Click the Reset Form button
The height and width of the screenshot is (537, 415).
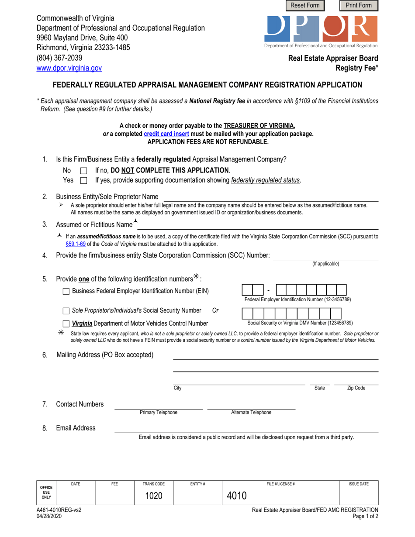tap(305, 5)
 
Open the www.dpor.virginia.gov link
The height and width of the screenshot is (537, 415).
tap(69, 68)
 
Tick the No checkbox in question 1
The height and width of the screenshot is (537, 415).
tap(84, 171)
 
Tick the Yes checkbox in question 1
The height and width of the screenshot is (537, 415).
tap(84, 181)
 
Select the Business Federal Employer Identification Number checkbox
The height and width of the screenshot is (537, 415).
tap(66, 291)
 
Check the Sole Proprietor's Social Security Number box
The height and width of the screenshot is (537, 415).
tap(66, 311)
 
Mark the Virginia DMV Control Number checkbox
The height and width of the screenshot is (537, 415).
tap(66, 324)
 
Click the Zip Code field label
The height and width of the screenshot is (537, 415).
tap(356, 388)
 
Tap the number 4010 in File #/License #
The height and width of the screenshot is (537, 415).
tap(237, 496)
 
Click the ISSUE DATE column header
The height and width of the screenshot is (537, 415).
tap(358, 484)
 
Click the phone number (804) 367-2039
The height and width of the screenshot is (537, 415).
tap(59, 58)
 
